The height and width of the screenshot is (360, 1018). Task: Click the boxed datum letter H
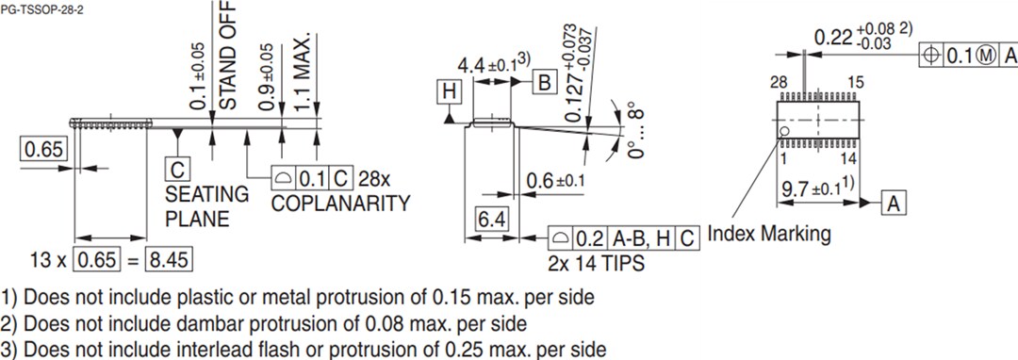point(450,91)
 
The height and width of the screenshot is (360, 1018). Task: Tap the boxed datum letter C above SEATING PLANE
point(176,169)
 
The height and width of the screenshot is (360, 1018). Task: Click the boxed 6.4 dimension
point(490,221)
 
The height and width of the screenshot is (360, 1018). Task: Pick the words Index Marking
point(769,233)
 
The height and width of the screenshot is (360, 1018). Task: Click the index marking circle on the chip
point(783,131)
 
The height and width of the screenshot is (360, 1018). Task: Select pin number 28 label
point(778,83)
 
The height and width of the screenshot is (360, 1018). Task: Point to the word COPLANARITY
point(340,204)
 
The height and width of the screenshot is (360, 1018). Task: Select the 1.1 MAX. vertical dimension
point(303,75)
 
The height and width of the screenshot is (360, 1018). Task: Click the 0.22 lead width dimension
point(832,38)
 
